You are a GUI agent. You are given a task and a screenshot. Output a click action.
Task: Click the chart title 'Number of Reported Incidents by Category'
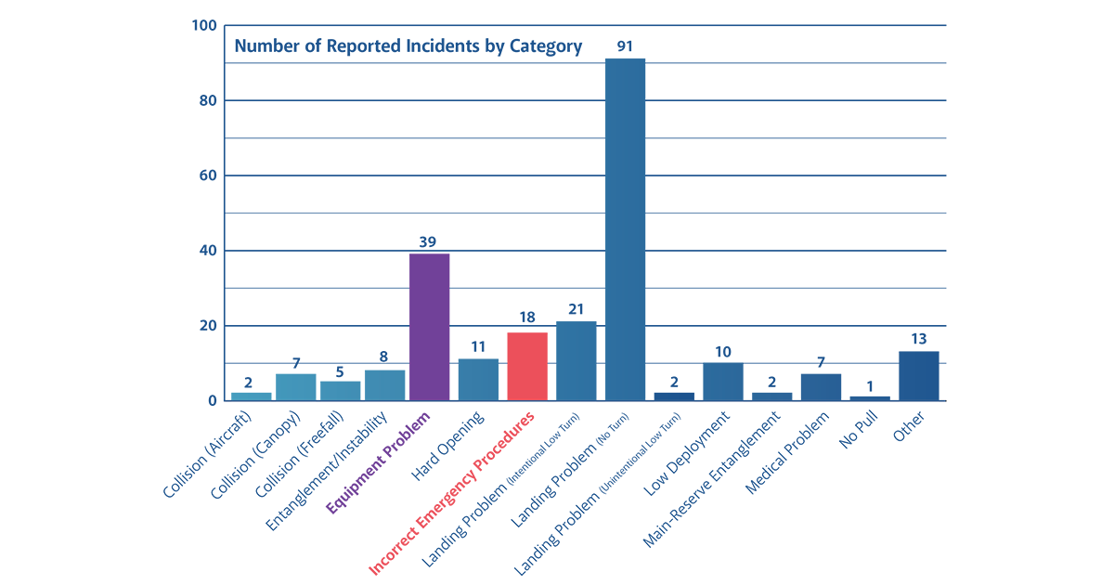click(x=408, y=46)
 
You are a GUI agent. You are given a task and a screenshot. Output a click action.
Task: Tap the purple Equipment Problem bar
click(x=429, y=327)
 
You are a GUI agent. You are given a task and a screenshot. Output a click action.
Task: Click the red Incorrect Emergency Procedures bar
click(x=527, y=366)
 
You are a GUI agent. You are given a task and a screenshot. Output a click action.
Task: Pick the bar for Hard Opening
click(x=478, y=380)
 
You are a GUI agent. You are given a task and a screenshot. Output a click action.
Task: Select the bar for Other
click(x=918, y=376)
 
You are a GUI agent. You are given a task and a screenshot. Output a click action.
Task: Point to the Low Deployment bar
click(x=723, y=382)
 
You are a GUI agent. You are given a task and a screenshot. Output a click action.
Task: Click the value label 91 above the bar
click(x=625, y=45)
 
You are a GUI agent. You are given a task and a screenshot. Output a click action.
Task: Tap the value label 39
click(x=429, y=240)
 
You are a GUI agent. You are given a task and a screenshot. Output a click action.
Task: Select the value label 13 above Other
click(x=918, y=338)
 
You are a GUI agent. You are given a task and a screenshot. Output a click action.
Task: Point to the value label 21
click(x=576, y=308)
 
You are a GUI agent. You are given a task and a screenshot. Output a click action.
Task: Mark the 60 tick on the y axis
click(x=207, y=175)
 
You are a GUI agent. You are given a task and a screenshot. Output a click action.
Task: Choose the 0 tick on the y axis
click(x=213, y=401)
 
